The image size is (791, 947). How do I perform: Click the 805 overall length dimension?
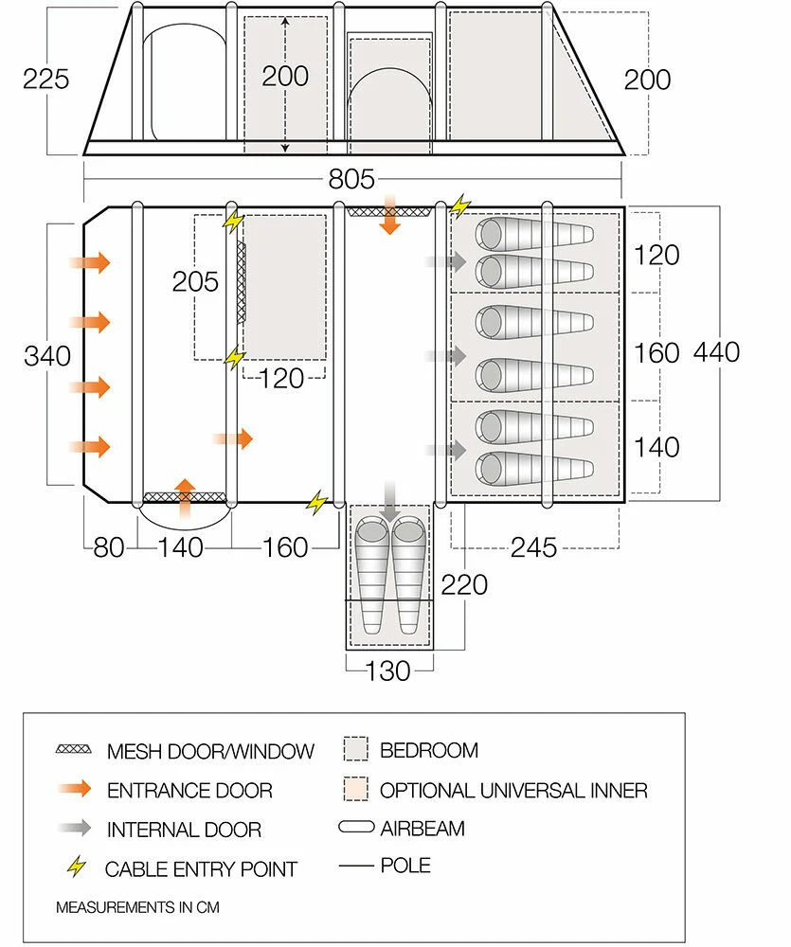pyautogui.click(x=352, y=179)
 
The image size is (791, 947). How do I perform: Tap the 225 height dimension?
pyautogui.click(x=46, y=79)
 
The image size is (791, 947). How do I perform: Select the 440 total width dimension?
pyautogui.click(x=716, y=352)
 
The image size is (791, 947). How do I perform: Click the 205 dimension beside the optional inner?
pyautogui.click(x=195, y=281)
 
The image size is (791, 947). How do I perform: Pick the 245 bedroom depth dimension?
pyautogui.click(x=533, y=548)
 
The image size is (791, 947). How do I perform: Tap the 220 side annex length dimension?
pyautogui.click(x=464, y=584)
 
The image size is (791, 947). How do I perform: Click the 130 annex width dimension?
pyautogui.click(x=387, y=670)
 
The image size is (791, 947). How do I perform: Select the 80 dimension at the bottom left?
pyautogui.click(x=109, y=547)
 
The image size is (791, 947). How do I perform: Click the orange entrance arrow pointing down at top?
pyautogui.click(x=388, y=219)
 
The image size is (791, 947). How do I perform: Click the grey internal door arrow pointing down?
pyautogui.click(x=389, y=500)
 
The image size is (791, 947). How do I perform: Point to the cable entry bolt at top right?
pyautogui.click(x=460, y=205)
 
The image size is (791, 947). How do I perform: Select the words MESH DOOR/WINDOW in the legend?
pyautogui.click(x=210, y=752)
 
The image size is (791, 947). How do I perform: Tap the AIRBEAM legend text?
pyautogui.click(x=422, y=829)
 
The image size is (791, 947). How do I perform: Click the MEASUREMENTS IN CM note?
pyautogui.click(x=137, y=907)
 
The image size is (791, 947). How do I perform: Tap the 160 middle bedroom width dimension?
pyautogui.click(x=657, y=353)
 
